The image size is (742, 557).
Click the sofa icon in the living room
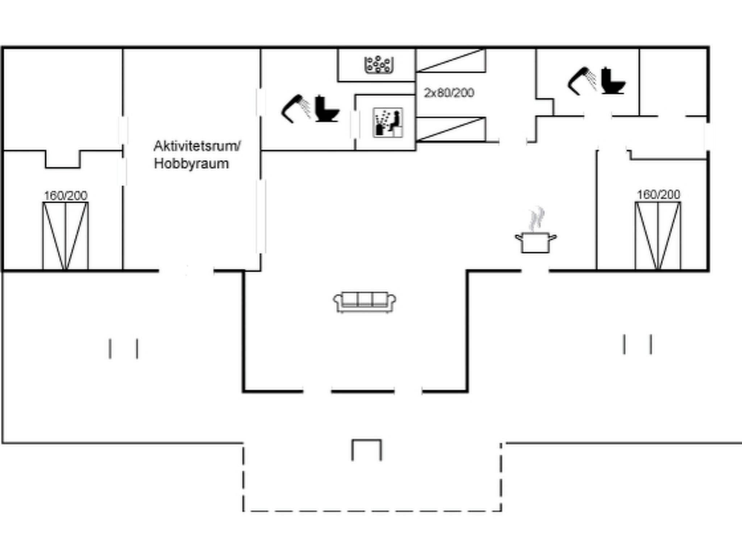pos(364,302)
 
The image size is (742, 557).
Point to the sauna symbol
pos(388,122)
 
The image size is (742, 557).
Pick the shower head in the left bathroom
pos(296,109)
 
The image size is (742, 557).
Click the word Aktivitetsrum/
pos(197,146)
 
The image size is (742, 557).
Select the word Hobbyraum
pos(191,164)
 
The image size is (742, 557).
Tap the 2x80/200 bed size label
pos(449,93)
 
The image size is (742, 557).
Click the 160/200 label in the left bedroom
pos(66,195)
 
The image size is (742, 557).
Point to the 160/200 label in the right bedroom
pos(658,194)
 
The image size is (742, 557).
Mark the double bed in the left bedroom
pos(66,236)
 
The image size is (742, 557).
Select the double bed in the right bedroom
pos(658,236)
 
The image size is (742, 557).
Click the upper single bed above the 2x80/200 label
pos(451,60)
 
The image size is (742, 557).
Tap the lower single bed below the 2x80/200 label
pos(451,129)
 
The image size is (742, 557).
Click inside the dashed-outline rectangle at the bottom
pos(372,477)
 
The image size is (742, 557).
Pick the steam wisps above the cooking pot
pos(536,219)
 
